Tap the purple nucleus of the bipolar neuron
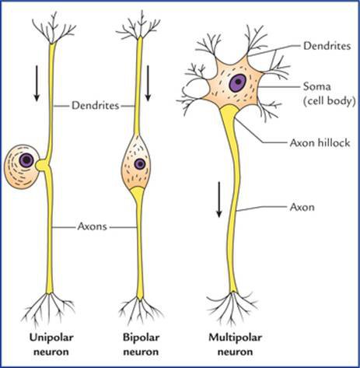point(140,164)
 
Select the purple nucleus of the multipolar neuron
point(236,82)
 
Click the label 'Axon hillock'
point(310,142)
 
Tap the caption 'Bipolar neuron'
point(141,345)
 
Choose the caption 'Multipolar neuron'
point(232,345)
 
